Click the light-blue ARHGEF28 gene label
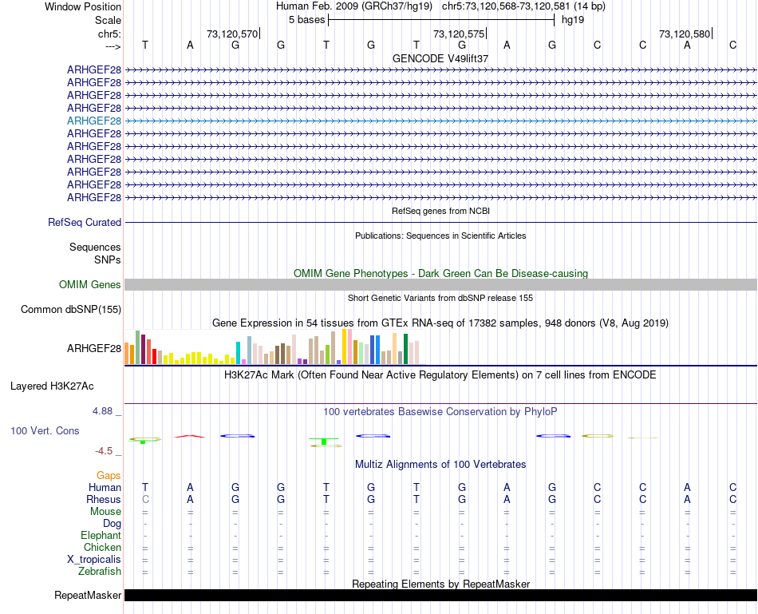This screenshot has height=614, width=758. [94, 121]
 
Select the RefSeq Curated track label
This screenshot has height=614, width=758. [85, 223]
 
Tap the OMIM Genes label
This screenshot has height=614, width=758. [90, 285]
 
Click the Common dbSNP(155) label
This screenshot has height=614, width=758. [71, 310]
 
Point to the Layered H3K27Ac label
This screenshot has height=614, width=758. [52, 386]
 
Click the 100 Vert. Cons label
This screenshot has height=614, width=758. [45, 431]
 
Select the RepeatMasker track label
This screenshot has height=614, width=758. [88, 596]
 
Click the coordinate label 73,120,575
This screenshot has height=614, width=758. [458, 34]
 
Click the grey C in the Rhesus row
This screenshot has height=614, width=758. [144, 499]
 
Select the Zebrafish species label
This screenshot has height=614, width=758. [100, 572]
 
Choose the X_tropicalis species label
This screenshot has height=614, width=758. [94, 560]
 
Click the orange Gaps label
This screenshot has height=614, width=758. [109, 476]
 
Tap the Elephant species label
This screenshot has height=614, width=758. [101, 536]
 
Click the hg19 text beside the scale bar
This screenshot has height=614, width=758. [573, 19]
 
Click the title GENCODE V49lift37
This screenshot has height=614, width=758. [440, 59]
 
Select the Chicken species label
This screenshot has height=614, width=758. [103, 548]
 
